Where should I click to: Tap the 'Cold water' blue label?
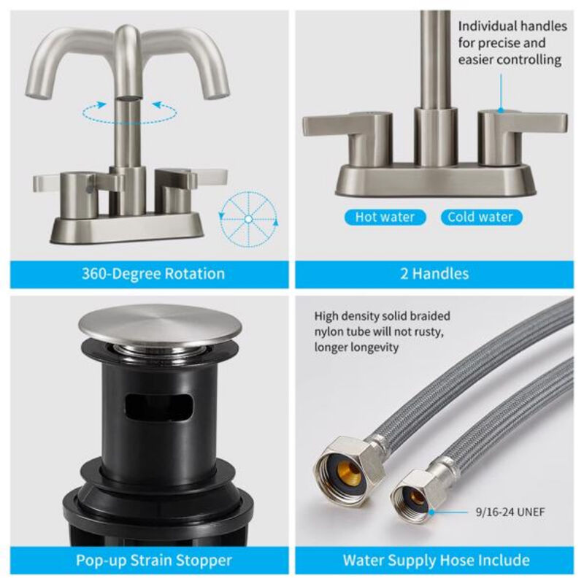(x=480, y=217)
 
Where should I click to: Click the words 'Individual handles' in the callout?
(x=512, y=26)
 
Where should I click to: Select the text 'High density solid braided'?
(x=383, y=317)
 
